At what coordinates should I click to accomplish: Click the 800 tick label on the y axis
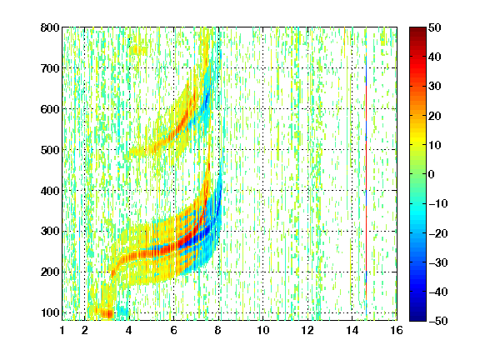(50, 27)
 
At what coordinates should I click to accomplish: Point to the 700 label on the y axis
(50, 68)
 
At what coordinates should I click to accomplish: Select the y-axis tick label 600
(50, 109)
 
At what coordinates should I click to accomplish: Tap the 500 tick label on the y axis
(50, 150)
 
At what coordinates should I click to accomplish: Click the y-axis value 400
(50, 191)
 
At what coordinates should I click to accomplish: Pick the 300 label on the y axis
(50, 231)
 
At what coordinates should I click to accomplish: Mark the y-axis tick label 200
(50, 272)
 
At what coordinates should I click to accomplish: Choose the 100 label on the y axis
(50, 312)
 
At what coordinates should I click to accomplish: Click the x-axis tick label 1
(62, 331)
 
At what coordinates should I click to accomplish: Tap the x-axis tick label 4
(129, 331)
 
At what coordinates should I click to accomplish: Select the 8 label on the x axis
(218, 331)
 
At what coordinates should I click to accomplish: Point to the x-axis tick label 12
(307, 331)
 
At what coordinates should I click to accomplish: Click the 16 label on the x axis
(397, 331)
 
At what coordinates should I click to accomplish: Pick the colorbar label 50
(435, 27)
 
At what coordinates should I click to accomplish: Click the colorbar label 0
(432, 174)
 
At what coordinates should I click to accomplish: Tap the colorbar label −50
(438, 321)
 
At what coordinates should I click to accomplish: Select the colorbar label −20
(438, 233)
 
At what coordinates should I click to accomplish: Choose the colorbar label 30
(435, 87)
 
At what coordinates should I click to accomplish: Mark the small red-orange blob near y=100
(106, 313)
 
